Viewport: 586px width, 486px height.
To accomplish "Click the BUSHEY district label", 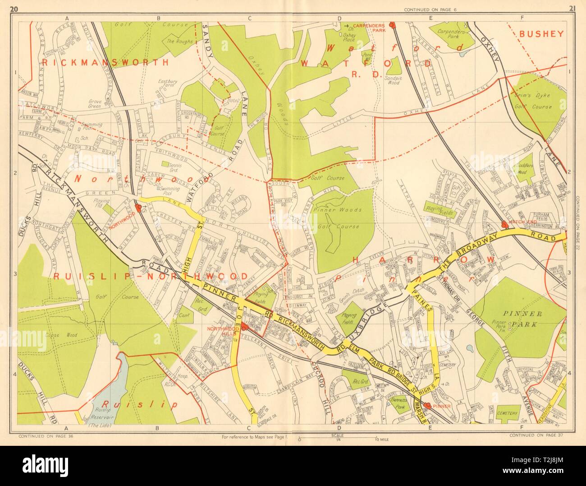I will [541, 33].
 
